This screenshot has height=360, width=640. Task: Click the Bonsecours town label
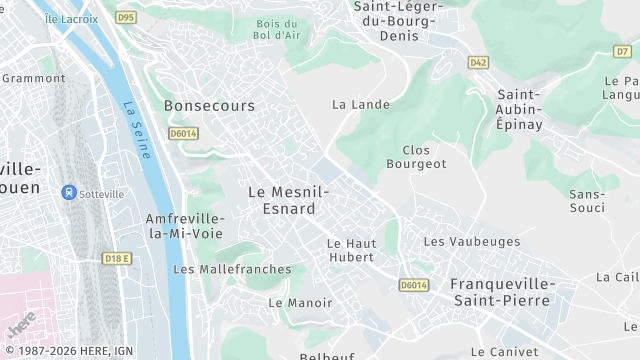(x=209, y=105)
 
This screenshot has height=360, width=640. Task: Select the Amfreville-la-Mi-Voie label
(x=183, y=225)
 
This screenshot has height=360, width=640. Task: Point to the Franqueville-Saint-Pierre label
(x=500, y=291)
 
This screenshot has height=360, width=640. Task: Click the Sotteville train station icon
(x=70, y=191)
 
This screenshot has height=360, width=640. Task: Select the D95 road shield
(x=125, y=17)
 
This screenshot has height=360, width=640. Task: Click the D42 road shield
(x=478, y=63)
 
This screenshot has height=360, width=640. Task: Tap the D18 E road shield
(x=117, y=258)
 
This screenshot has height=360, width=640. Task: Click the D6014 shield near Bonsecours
(x=182, y=132)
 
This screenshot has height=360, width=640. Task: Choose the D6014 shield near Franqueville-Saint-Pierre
(x=413, y=285)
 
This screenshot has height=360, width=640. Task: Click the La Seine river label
(x=136, y=131)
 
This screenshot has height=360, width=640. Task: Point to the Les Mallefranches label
(x=232, y=269)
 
